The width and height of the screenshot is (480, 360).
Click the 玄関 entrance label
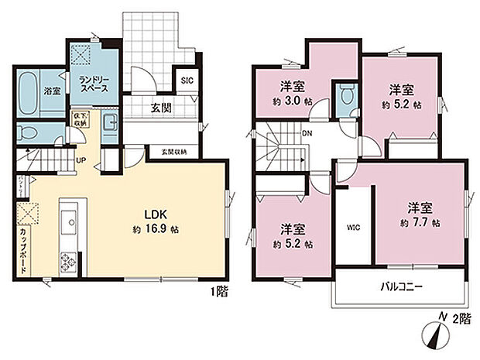pyautogui.click(x=161, y=108)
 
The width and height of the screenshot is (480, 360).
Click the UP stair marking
pyautogui.click(x=79, y=161)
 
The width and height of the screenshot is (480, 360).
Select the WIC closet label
pyautogui.click(x=352, y=227)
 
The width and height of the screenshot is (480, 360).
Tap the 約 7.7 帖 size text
pyautogui.click(x=421, y=222)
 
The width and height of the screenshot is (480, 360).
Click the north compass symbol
pyautogui.click(x=436, y=334)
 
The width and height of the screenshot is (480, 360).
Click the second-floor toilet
pyautogui.click(x=346, y=98)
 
